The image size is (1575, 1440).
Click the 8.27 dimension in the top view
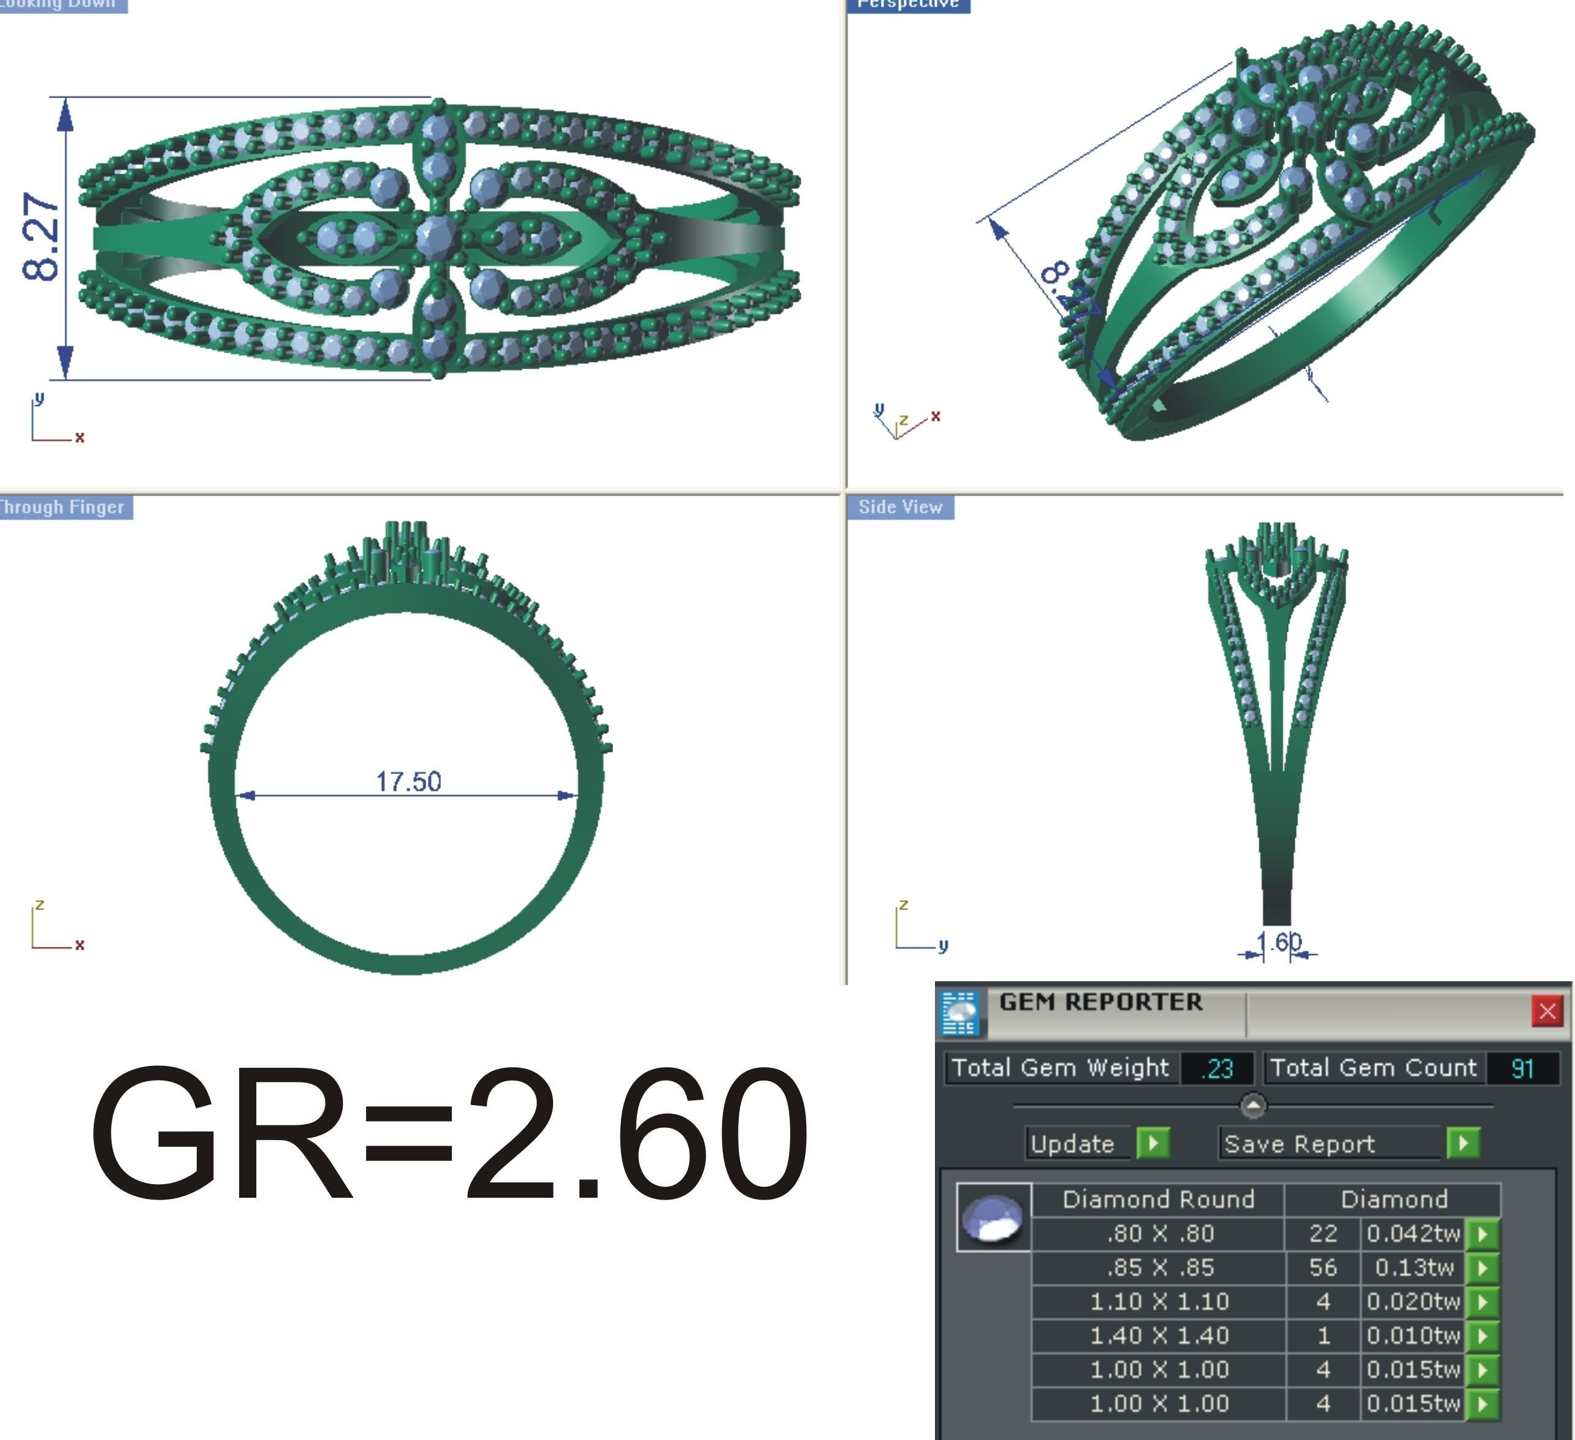(40, 237)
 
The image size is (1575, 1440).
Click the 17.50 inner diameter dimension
(408, 781)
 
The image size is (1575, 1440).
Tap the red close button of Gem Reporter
(1547, 1011)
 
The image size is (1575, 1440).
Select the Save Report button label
(1299, 1144)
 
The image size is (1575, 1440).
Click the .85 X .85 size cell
(1159, 1267)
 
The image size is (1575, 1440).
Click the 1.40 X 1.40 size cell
(1159, 1335)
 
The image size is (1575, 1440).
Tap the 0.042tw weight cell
(1413, 1234)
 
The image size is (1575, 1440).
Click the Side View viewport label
(900, 507)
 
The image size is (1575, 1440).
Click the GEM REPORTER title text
(1100, 1003)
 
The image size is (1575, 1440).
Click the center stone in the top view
(436, 236)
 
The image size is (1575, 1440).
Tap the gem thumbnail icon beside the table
(993, 1218)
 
